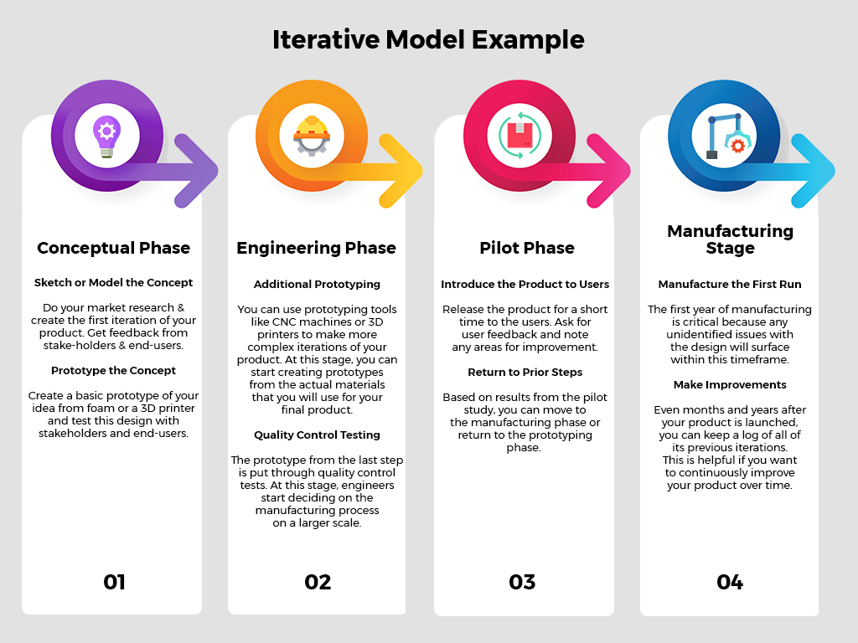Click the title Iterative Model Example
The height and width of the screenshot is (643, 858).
pyautogui.click(x=428, y=40)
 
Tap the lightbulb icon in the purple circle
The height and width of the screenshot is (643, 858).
pyautogui.click(x=106, y=136)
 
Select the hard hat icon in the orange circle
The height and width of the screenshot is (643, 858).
pyautogui.click(x=312, y=136)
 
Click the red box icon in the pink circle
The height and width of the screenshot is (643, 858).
pyautogui.click(x=519, y=136)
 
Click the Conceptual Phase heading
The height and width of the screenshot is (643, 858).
pyautogui.click(x=113, y=248)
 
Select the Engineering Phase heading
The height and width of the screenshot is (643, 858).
pyautogui.click(x=316, y=248)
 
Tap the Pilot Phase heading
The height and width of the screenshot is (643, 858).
pyautogui.click(x=527, y=248)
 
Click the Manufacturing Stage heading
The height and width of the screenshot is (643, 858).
pyautogui.click(x=730, y=239)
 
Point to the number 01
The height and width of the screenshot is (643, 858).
pyautogui.click(x=114, y=582)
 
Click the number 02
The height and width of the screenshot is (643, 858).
pyautogui.click(x=318, y=582)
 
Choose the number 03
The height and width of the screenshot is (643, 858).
pyautogui.click(x=522, y=582)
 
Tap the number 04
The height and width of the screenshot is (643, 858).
pyautogui.click(x=730, y=582)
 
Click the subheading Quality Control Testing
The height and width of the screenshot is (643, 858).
pyautogui.click(x=317, y=435)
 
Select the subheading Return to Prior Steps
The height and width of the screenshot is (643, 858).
pyautogui.click(x=525, y=373)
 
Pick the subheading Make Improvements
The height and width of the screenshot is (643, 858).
pyautogui.click(x=730, y=385)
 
